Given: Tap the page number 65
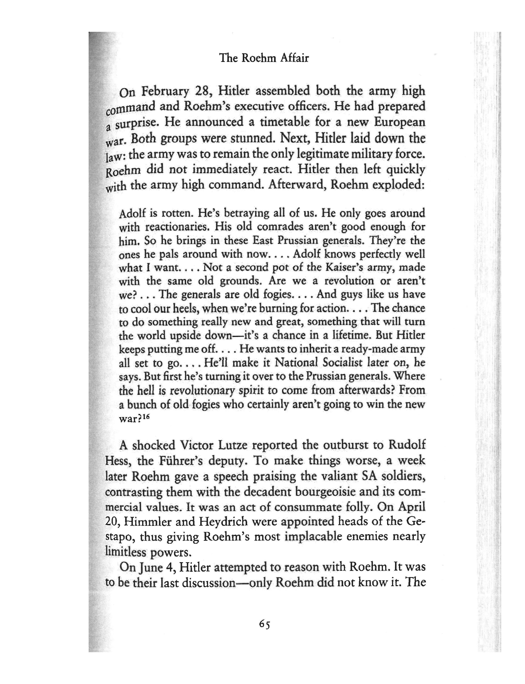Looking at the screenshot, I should pyautogui.click(x=264, y=624).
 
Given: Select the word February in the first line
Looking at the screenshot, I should pyautogui.click(x=165, y=92).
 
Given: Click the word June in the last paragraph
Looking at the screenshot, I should pyautogui.click(x=153, y=567).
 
